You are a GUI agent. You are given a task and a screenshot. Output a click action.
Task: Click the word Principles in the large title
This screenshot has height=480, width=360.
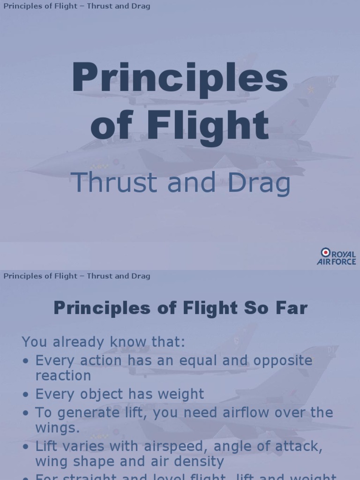click(x=180, y=79)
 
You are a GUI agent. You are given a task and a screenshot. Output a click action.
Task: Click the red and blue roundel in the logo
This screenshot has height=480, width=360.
click(x=325, y=253)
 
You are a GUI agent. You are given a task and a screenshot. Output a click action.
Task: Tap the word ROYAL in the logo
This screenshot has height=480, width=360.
click(x=344, y=254)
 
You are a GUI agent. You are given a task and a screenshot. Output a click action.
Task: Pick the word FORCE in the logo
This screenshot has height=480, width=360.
click(x=344, y=262)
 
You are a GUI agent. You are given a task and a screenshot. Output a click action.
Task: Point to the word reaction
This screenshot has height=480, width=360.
click(x=63, y=375)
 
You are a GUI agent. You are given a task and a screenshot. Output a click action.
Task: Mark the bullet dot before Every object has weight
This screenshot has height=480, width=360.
click(x=26, y=394)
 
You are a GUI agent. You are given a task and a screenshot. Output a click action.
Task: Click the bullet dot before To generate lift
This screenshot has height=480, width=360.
click(x=26, y=413)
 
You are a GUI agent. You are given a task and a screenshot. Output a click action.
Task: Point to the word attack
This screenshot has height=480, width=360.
click(x=295, y=446)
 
